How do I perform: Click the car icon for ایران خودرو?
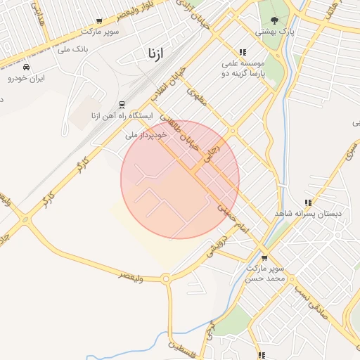[26, 67]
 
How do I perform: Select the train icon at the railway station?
[121, 105]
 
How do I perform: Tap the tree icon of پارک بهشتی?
[274, 20]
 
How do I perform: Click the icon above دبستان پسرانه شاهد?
[308, 202]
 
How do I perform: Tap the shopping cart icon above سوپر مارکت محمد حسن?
[264, 258]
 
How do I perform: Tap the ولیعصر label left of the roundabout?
[132, 277]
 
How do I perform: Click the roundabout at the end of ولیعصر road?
[167, 279]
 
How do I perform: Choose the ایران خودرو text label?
[26, 78]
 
